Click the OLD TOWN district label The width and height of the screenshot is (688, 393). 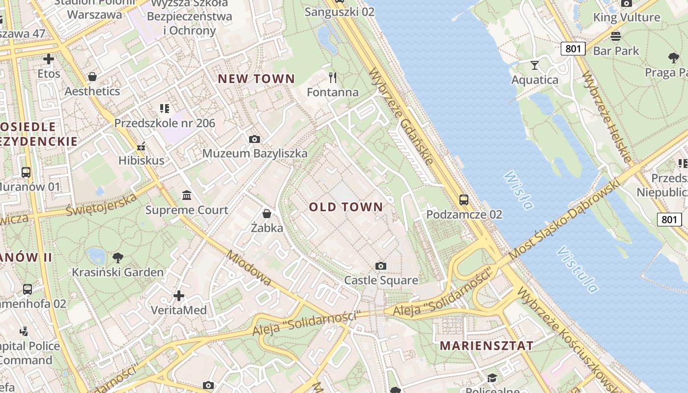[x=345, y=207]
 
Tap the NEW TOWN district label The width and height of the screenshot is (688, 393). [x=256, y=79]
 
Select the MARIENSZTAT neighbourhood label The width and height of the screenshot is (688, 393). [x=487, y=345]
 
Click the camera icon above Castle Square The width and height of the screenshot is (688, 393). [x=380, y=266]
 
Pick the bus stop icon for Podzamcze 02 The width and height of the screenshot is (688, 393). [x=464, y=199]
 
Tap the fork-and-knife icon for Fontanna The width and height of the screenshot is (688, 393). [x=333, y=77]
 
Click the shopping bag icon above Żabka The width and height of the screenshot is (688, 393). [x=267, y=213]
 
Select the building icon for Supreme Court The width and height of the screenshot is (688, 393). [x=187, y=196]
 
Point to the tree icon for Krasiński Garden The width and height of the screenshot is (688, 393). [x=117, y=257]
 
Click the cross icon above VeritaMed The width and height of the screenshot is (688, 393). [x=179, y=296]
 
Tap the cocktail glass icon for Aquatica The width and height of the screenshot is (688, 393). [x=535, y=65]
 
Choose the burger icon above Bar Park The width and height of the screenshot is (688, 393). [x=616, y=36]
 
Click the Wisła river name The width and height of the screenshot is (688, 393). [x=518, y=190]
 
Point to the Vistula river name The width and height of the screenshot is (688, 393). [x=577, y=269]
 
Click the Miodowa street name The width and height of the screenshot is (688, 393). [x=249, y=268]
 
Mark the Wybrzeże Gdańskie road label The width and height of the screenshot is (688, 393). [x=401, y=116]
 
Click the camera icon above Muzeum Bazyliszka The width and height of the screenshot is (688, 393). [x=255, y=139]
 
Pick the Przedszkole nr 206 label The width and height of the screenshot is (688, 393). [x=165, y=123]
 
